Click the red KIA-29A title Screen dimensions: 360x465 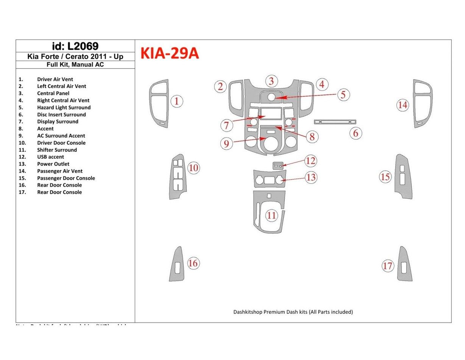pyautogui.click(x=170, y=54)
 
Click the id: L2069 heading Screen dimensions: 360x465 pyautogui.click(x=75, y=46)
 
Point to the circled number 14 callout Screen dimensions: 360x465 pyautogui.click(x=403, y=105)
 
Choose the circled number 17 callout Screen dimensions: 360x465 pyautogui.click(x=387, y=266)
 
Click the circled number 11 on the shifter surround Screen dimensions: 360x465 pyautogui.click(x=271, y=216)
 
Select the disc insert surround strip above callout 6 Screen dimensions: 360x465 pyautogui.click(x=335, y=122)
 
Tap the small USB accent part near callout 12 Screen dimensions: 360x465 pyautogui.click(x=278, y=165)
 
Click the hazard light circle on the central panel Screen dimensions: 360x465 pyautogui.click(x=272, y=97)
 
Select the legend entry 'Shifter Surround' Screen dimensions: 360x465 pyautogui.click(x=57, y=150)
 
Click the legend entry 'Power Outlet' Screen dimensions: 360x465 pyautogui.click(x=53, y=164)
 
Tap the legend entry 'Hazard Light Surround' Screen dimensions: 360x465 pyautogui.click(x=64, y=108)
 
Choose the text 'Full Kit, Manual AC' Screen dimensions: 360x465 pyautogui.click(x=75, y=64)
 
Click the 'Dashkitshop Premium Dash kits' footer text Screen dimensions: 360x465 pyautogui.click(x=293, y=312)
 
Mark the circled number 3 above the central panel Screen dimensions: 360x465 pyautogui.click(x=271, y=81)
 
